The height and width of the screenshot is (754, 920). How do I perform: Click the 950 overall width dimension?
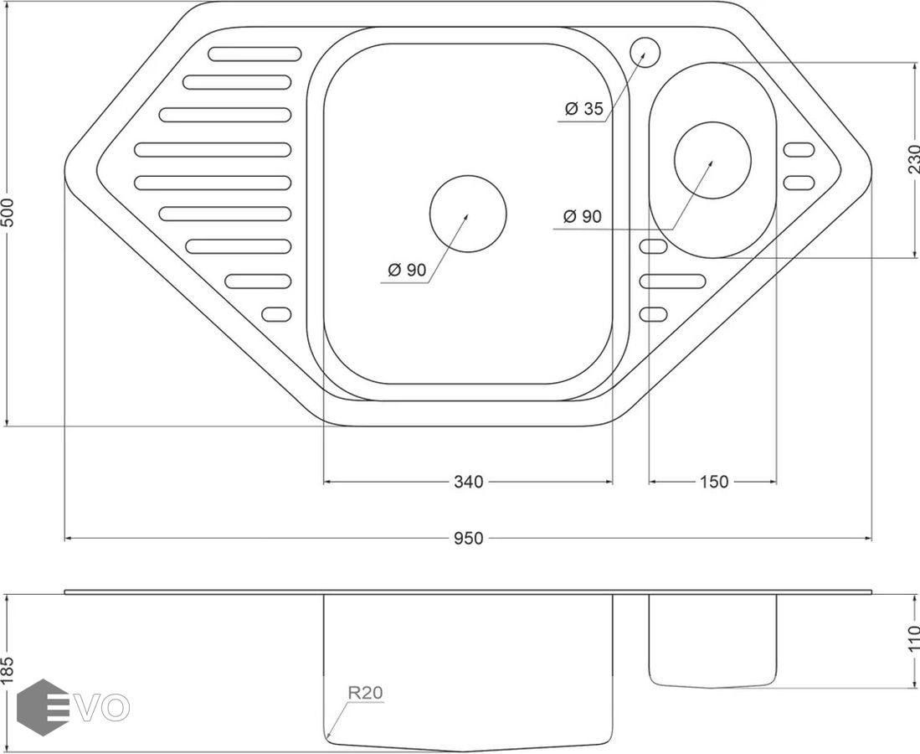coord(468,539)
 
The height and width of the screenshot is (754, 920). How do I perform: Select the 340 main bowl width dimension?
coord(468,482)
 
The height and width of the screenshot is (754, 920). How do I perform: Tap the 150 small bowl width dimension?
coord(713,482)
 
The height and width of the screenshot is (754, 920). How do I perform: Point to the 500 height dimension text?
coord(8,219)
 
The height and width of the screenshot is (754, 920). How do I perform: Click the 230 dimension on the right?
coord(912,159)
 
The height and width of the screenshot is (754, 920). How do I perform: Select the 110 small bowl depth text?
coord(912,639)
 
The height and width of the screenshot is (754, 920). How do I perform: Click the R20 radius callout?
coord(365,693)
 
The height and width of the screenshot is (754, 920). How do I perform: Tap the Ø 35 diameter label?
coord(583,109)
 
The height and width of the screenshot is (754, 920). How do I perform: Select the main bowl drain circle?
coord(468,214)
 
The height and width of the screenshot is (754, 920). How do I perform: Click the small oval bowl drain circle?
coord(712,160)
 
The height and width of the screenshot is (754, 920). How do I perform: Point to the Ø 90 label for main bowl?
coord(407,270)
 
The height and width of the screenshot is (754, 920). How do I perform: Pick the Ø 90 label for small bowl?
coord(582,216)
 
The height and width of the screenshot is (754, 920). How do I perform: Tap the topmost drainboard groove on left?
coord(254,54)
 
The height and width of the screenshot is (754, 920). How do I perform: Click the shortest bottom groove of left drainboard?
coord(277,314)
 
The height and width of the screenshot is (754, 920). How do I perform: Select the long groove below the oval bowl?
coord(673,281)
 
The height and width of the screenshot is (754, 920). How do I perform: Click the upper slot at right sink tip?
coord(799,150)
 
